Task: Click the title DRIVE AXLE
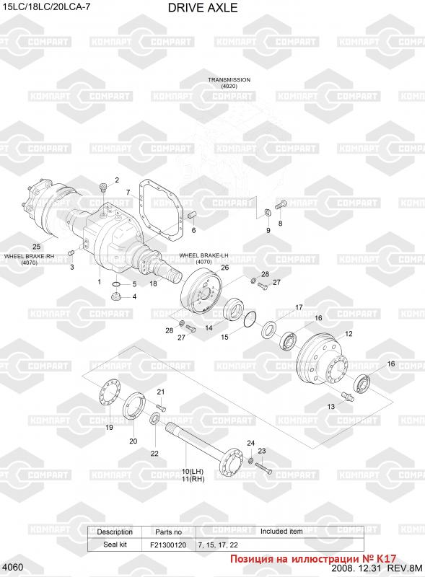click(203, 8)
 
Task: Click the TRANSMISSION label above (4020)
click(229, 79)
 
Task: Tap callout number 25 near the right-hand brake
click(37, 247)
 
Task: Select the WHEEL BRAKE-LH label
click(203, 255)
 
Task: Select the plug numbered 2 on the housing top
click(102, 189)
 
